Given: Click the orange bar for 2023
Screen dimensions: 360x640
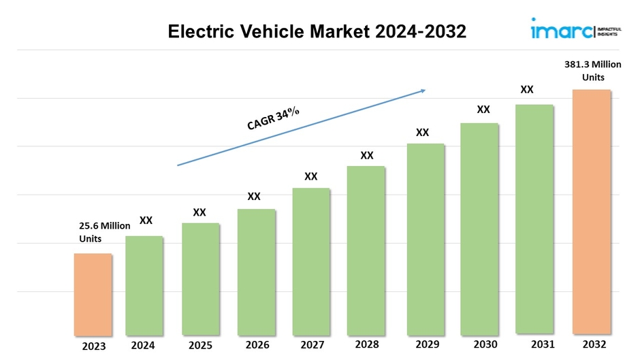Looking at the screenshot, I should coord(93,295).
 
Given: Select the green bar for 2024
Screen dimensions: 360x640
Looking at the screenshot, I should coord(144,286).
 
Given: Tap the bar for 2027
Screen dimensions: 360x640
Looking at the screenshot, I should coord(311,262).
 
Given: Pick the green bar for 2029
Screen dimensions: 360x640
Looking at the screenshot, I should coord(426,240).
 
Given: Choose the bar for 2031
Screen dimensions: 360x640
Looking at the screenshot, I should coord(534,220).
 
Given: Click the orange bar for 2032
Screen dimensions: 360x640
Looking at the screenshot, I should coord(592,212).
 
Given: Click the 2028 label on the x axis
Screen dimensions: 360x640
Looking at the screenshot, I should coord(366,344).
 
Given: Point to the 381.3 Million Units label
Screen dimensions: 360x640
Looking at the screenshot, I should coord(593,71).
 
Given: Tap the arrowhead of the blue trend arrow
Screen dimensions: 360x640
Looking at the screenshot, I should coord(422,90).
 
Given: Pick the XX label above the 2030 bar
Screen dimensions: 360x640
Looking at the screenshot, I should coord(483,109).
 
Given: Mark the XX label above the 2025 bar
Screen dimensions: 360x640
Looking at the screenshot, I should coord(199,212).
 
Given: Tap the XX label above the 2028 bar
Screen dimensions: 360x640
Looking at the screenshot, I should coord(367,155).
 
